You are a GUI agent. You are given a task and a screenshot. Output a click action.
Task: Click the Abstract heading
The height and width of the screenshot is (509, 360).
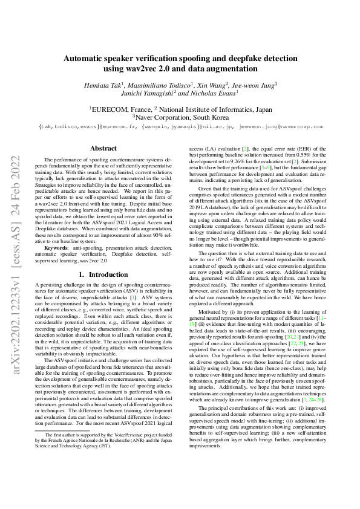tap(103, 148)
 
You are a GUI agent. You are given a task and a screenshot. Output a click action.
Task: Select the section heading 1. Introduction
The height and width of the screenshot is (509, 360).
tap(103, 274)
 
